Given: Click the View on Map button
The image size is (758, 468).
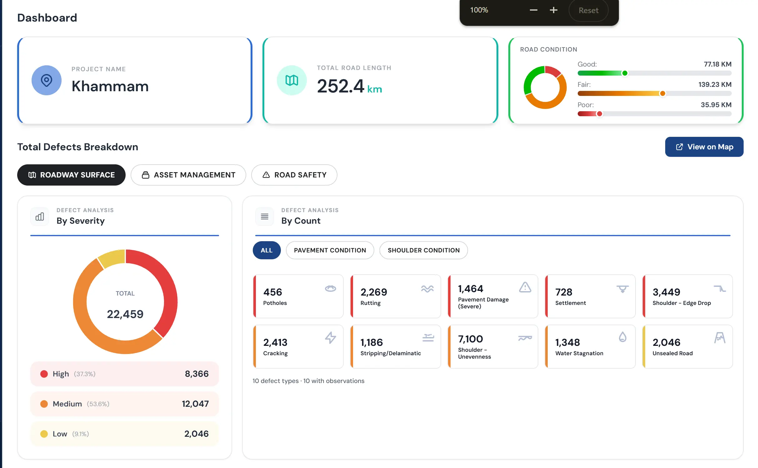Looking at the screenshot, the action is (704, 147).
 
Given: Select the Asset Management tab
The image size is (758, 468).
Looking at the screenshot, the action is (188, 175).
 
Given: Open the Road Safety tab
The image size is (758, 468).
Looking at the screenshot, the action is (294, 175).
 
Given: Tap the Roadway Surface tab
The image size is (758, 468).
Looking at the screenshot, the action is (71, 175).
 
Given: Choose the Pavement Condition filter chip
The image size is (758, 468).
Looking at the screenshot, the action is (330, 250).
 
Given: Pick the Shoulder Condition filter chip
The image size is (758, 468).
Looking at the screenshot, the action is (423, 250).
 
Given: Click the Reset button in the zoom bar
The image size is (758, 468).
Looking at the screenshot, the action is (588, 10).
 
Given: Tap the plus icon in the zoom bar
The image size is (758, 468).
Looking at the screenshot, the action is (553, 10).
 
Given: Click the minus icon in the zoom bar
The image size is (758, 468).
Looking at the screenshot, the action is (533, 10).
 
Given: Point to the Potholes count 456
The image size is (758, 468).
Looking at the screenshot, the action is (272, 292).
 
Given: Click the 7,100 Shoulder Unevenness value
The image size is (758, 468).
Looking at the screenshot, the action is (470, 339).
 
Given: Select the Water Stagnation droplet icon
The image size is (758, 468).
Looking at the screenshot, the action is (622, 337).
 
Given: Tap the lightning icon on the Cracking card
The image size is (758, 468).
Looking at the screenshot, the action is (330, 338).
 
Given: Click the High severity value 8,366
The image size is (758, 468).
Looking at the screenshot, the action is (197, 374).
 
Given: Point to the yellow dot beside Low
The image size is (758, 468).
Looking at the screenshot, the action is (44, 434).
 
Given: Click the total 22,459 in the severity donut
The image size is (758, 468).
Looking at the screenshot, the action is (125, 314).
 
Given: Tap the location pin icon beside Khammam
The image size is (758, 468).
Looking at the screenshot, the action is (47, 80).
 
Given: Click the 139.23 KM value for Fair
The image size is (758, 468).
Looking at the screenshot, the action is (715, 85).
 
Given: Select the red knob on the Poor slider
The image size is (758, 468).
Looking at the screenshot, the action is (599, 114).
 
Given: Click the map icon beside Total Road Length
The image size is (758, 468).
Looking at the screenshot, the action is (292, 80).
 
